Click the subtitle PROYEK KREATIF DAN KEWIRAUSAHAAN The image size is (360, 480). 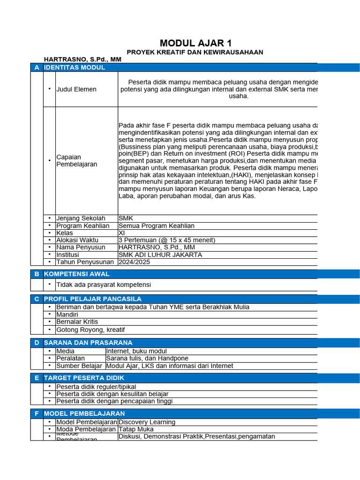pyautogui.click(x=195, y=52)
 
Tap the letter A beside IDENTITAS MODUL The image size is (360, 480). pyautogui.click(x=37, y=67)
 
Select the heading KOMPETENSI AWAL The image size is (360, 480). pyautogui.click(x=76, y=274)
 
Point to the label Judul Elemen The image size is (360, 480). pyautogui.click(x=76, y=89)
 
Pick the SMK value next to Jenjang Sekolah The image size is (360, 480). pyautogui.click(x=126, y=218)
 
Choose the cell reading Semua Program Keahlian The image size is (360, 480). pyautogui.click(x=156, y=226)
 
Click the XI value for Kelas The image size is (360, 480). pyautogui.click(x=122, y=233)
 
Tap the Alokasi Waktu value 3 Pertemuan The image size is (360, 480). pyautogui.click(x=167, y=240)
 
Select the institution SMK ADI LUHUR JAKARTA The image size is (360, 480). pyautogui.click(x=160, y=255)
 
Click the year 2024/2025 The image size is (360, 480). pyautogui.click(x=135, y=262)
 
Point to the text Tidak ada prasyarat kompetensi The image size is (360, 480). pyautogui.click(x=104, y=285)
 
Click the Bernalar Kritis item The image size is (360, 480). pyautogui.click(x=77, y=322)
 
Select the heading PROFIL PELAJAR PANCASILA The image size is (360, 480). pyautogui.click(x=92, y=299)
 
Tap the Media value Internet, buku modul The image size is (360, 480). pyautogui.click(x=136, y=351)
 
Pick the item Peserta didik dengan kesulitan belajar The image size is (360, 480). pyautogui.click(x=112, y=394)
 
